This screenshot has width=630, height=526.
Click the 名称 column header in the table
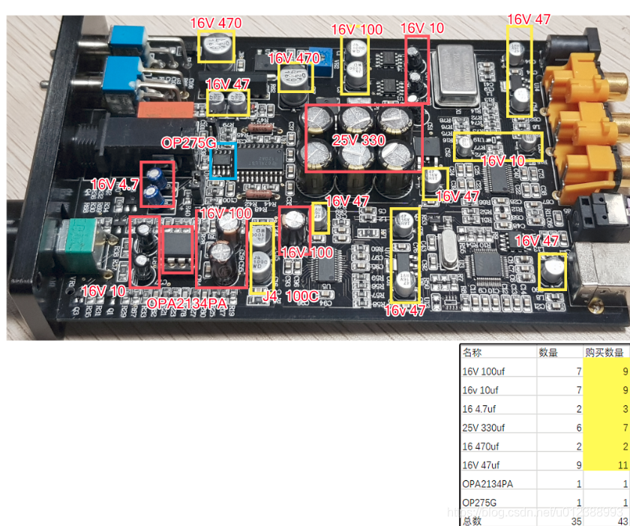pyautogui.click(x=472, y=352)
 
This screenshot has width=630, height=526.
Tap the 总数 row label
pyautogui.click(x=472, y=521)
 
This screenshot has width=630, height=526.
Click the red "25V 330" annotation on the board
pyautogui.click(x=359, y=140)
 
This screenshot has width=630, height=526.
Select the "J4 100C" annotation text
pyautogui.click(x=291, y=296)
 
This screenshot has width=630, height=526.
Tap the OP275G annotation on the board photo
pyautogui.click(x=187, y=143)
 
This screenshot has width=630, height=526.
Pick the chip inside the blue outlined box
pyautogui.click(x=223, y=161)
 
